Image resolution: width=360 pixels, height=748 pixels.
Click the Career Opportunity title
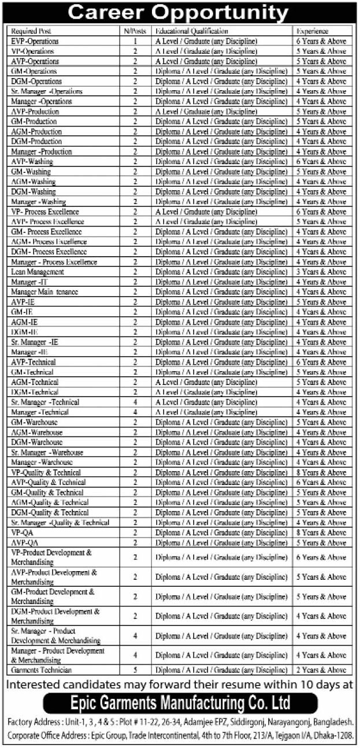pyautogui.click(x=180, y=13)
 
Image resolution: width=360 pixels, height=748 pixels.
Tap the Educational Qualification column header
pyautogui.click(x=191, y=31)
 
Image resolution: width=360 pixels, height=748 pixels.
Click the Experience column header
pyautogui.click(x=313, y=31)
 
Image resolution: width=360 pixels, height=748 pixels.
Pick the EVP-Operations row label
pyautogui.click(x=35, y=42)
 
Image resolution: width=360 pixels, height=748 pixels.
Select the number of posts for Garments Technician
pyautogui.click(x=135, y=670)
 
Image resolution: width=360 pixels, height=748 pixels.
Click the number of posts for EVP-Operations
pyautogui.click(x=135, y=42)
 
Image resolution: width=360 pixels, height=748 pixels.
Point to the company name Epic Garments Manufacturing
pyautogui.click(x=180, y=704)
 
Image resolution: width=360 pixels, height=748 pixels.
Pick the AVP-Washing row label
pyautogui.click(x=31, y=162)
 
